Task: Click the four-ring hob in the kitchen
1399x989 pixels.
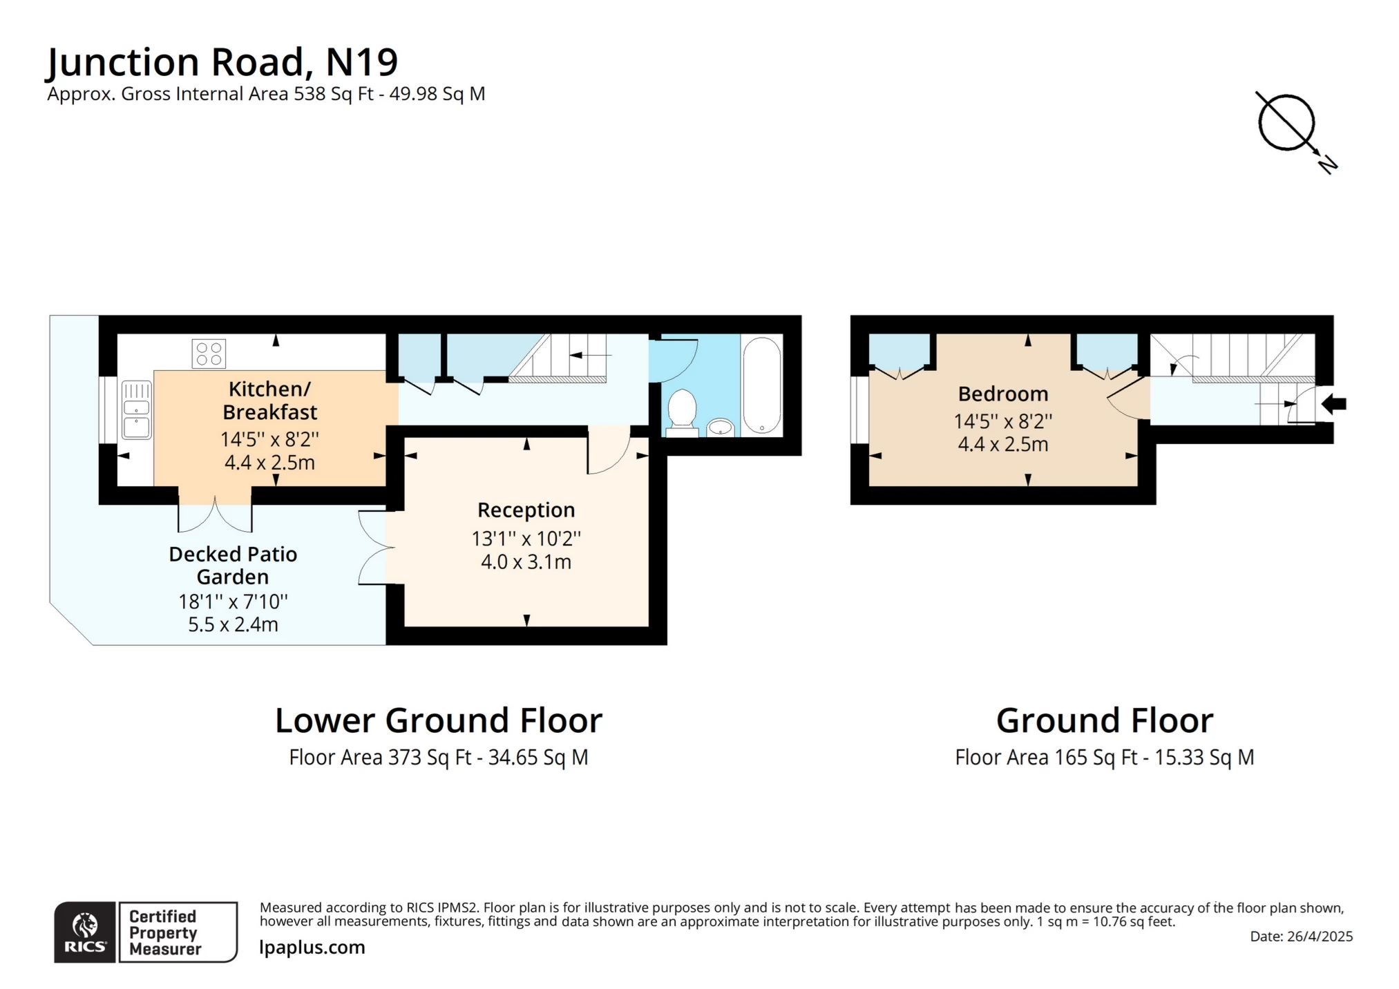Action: coord(209,354)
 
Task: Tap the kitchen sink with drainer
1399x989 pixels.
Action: coord(137,410)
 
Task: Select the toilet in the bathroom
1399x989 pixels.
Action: coord(682,412)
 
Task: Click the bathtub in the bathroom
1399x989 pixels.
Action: coord(762,385)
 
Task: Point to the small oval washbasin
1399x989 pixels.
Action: coord(721,427)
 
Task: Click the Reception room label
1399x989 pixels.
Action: coord(526,510)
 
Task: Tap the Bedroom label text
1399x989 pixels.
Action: coord(1003,394)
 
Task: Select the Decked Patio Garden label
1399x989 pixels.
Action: coord(233,565)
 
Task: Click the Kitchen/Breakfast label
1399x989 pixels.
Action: coord(269,401)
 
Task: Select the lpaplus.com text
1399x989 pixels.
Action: coord(312,948)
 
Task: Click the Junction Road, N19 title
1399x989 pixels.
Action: coord(222,62)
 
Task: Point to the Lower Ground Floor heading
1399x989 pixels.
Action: coord(439,720)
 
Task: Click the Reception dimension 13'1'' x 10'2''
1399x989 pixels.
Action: coord(526,538)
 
